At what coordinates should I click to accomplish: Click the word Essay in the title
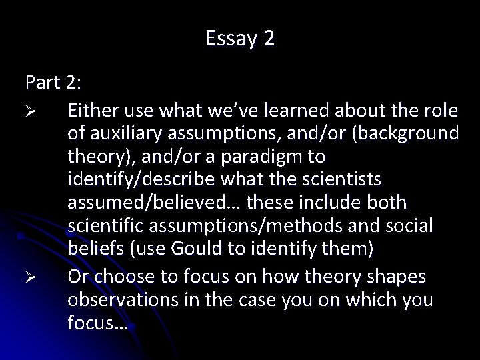225,39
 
